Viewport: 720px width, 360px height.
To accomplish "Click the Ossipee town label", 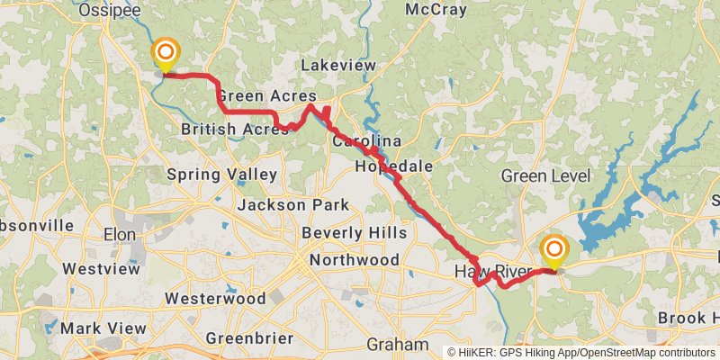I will coord(105,9).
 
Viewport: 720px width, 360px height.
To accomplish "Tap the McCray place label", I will coord(436,10).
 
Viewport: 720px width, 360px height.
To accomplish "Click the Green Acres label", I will coord(266,96).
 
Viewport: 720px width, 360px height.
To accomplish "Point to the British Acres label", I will coord(233,130).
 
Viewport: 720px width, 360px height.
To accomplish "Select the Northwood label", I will coord(354,260).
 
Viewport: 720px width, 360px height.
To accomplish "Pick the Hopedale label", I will coord(394,167).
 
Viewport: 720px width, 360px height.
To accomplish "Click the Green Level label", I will coord(542,175).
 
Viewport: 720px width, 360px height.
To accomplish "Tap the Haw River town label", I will coord(490,272).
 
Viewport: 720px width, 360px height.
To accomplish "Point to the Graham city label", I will coord(398,345).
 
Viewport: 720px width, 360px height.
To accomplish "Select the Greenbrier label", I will coord(249,339).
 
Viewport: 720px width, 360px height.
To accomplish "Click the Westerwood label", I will coord(215,298).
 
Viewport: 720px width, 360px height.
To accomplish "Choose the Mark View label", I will coord(103,328).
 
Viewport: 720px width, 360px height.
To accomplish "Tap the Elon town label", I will coord(119,234).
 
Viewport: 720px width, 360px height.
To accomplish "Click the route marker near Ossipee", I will coord(166,54).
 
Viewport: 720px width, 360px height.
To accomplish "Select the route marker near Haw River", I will coord(553,251).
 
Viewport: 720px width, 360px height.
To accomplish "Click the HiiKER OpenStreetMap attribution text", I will coord(580,353).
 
